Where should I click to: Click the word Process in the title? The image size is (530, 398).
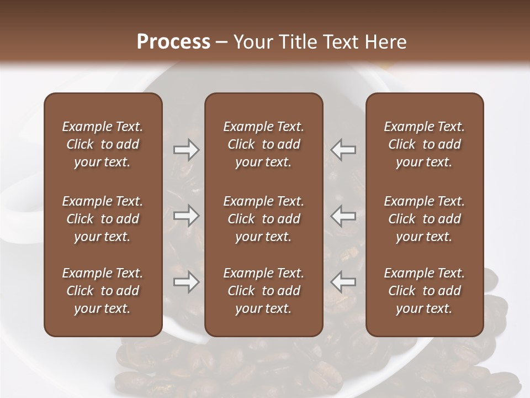(x=173, y=42)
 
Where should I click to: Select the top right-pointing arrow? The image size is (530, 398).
(x=186, y=150)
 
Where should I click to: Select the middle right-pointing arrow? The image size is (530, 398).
(x=186, y=216)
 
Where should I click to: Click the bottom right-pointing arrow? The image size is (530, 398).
(x=186, y=282)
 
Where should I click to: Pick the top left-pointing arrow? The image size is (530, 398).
(x=343, y=150)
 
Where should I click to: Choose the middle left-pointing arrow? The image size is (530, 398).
(x=343, y=216)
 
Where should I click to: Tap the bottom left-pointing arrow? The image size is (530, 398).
(x=343, y=282)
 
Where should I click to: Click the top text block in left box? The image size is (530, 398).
(x=103, y=144)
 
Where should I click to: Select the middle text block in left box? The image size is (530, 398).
(x=103, y=219)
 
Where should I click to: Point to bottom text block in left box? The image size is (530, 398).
(x=103, y=291)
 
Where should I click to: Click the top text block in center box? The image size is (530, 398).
(x=263, y=144)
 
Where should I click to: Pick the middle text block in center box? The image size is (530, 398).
(x=263, y=219)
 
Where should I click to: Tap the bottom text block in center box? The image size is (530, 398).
(x=263, y=291)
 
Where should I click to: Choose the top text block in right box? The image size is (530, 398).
(x=424, y=144)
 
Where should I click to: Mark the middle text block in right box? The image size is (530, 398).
(x=424, y=219)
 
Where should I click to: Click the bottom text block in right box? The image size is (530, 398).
(x=424, y=291)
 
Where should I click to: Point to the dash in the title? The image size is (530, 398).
(x=222, y=43)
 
